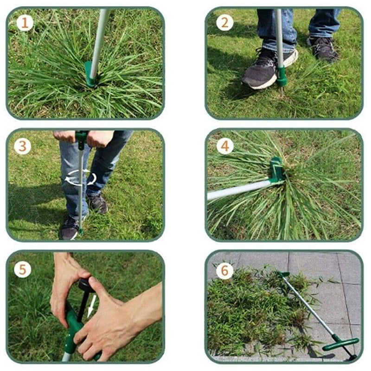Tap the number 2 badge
[224, 22]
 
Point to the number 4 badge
[224, 146]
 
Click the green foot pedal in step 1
[89, 74]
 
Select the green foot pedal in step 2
[281, 76]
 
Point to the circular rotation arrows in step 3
[80, 178]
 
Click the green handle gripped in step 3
[82, 136]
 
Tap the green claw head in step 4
[277, 170]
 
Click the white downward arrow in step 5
[92, 307]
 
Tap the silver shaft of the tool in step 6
[308, 306]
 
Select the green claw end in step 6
[283, 275]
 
